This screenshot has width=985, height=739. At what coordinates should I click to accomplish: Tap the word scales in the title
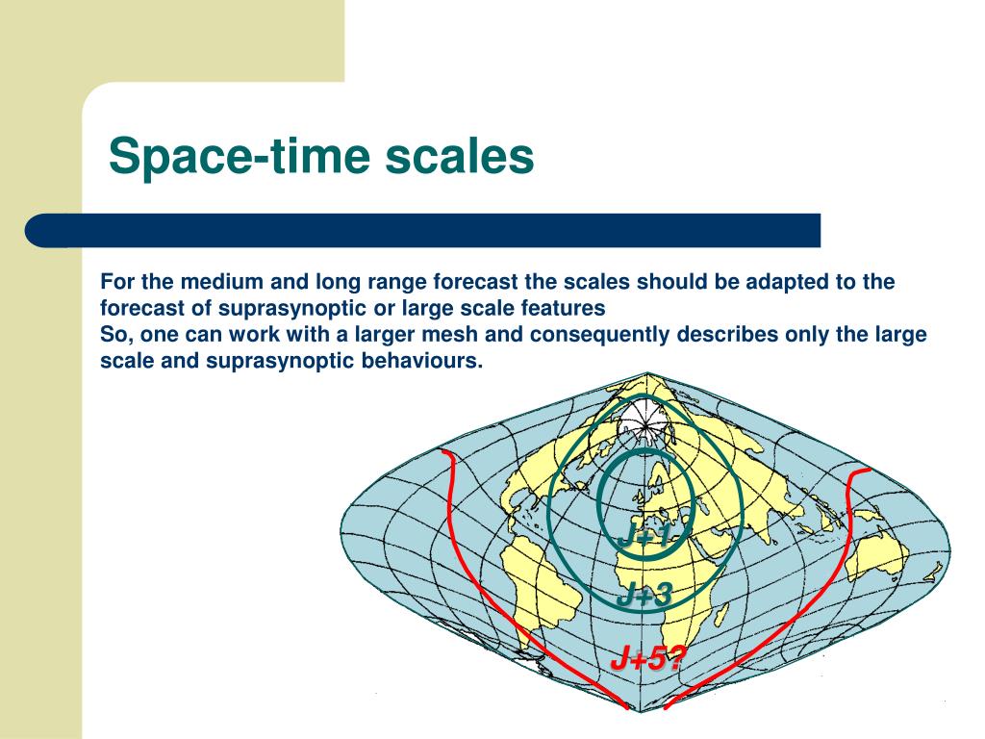click(x=459, y=157)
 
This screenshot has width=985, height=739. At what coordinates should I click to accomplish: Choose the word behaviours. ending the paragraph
click(x=421, y=361)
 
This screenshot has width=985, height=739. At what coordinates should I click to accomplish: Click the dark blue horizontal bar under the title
click(x=423, y=231)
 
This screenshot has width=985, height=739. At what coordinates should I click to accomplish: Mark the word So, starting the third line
click(x=116, y=335)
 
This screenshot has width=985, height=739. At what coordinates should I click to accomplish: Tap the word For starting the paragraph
click(x=117, y=282)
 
